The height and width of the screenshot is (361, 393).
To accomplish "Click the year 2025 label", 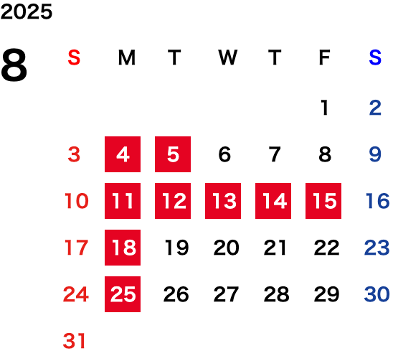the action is (x=27, y=11).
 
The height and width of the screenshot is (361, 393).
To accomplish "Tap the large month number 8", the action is (x=14, y=65).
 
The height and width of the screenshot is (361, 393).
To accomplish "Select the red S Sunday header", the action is (x=74, y=57).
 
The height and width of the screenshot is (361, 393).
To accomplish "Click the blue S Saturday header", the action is (x=375, y=57).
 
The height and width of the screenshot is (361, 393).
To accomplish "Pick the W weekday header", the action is (x=227, y=57).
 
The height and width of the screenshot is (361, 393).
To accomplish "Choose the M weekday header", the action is (x=127, y=57).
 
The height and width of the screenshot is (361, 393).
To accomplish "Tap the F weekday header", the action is (x=325, y=57).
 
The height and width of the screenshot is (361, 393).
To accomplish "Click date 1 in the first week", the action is (x=325, y=108).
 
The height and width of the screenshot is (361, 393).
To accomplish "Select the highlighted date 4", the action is (x=123, y=154).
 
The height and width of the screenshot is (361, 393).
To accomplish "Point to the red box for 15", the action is (x=323, y=201).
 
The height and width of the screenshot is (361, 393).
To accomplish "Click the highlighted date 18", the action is (x=123, y=248).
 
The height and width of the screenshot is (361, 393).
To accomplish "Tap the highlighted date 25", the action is (x=123, y=294).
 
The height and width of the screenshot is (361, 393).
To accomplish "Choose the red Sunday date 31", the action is (x=74, y=341).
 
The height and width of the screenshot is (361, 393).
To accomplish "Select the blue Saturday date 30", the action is (x=377, y=294).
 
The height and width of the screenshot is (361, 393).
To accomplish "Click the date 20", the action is (x=227, y=248).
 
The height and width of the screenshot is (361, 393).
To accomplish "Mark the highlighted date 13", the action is (x=223, y=201).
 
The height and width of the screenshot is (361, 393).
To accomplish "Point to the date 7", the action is (x=275, y=154).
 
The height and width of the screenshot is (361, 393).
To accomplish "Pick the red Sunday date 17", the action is (x=76, y=248).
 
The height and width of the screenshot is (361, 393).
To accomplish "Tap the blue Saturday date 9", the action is (x=375, y=154).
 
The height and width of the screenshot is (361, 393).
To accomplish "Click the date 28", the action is (x=276, y=294).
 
